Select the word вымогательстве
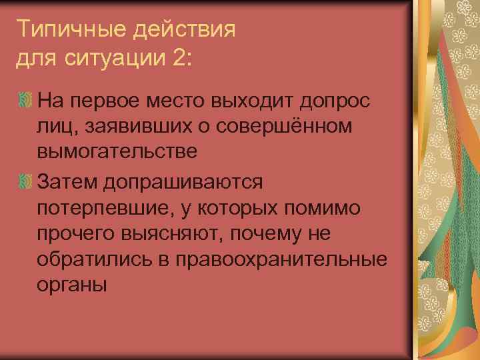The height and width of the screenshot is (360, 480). tap(117, 152)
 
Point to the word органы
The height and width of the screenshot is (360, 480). tap(72, 285)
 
